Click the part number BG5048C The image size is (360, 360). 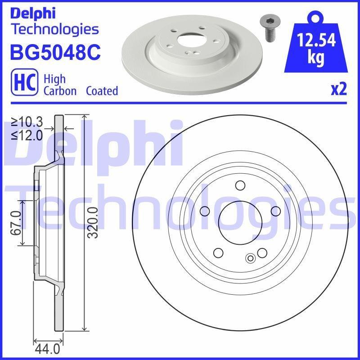click(x=55, y=52)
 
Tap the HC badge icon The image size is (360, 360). click(x=24, y=82)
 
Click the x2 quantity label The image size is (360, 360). click(x=339, y=89)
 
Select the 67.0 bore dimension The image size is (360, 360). click(x=16, y=223)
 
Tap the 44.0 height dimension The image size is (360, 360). click(x=48, y=349)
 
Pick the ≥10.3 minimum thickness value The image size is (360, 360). click(x=27, y=122)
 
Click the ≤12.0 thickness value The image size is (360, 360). click(x=27, y=135)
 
